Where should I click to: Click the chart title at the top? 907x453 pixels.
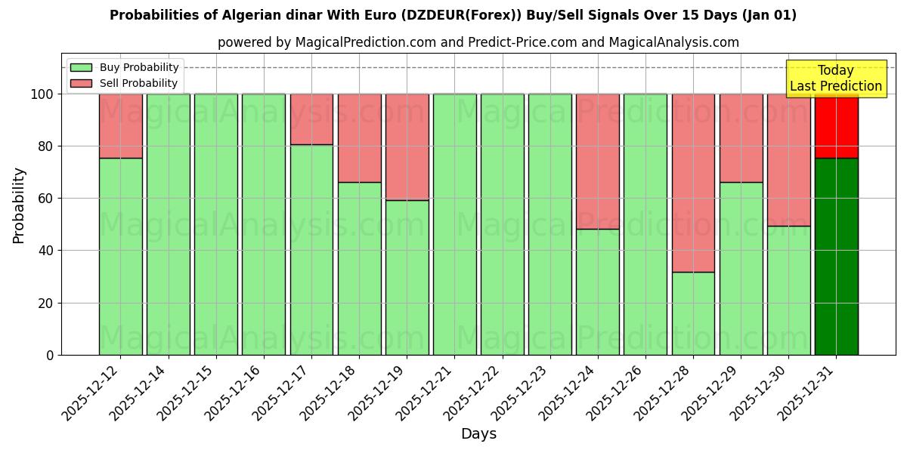click(453, 15)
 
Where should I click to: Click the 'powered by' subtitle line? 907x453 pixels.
click(478, 42)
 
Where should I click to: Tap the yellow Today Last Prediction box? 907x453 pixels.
click(836, 79)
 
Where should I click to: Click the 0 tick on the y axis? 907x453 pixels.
click(50, 355)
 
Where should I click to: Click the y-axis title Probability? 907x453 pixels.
click(19, 205)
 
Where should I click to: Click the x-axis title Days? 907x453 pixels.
click(478, 434)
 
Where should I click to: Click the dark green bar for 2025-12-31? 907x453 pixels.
click(836, 257)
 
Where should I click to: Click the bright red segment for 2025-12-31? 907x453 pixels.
click(836, 126)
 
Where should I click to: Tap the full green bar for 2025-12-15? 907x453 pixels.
click(216, 224)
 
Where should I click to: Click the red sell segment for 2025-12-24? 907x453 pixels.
click(598, 162)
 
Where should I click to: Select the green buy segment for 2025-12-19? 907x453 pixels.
click(407, 277)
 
